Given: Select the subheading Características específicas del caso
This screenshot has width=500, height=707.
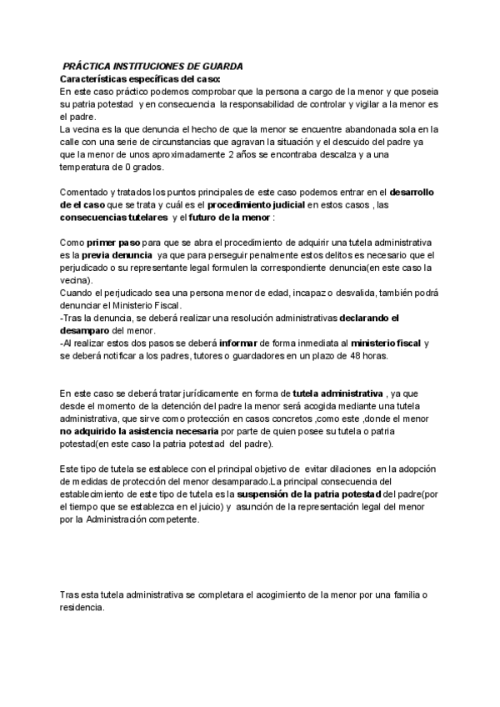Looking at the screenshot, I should (140, 78).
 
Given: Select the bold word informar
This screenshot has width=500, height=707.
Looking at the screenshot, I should (242, 343).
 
